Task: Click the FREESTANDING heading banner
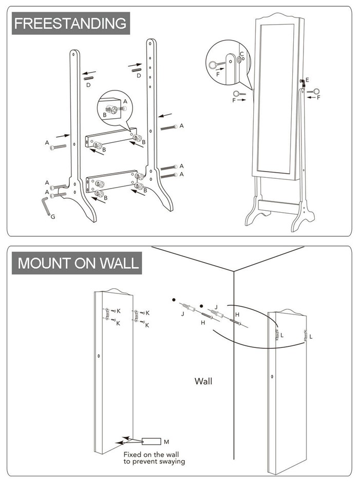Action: coord(71,24)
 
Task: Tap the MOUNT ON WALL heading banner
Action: coord(77,263)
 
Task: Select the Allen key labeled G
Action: coord(46,207)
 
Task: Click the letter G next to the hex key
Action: coord(53,217)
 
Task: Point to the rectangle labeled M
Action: coord(151,441)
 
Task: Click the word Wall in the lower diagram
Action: coord(203,381)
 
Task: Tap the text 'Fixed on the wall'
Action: coord(151,454)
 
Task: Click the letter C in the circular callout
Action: coord(242,54)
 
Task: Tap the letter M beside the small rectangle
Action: coord(166,442)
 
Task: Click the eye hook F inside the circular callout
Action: coord(216,64)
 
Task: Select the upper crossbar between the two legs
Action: coord(111,138)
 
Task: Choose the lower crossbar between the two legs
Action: coord(112,181)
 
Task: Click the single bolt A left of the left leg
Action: coord(58,147)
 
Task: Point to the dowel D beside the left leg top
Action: coord(88,78)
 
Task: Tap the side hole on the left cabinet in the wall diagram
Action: coord(99,356)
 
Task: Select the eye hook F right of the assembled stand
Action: coord(313,91)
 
